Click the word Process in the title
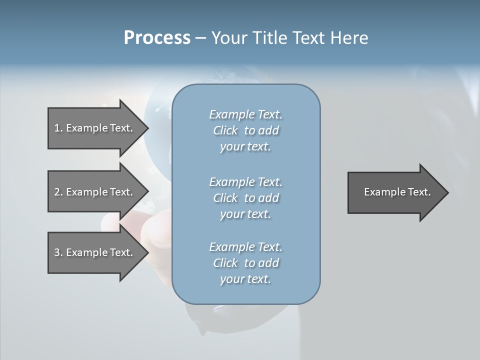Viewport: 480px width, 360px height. pyautogui.click(x=157, y=38)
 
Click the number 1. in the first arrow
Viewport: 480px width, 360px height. pyautogui.click(x=58, y=128)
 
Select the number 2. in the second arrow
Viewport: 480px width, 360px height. pyautogui.click(x=58, y=192)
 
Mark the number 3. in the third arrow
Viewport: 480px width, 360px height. pyautogui.click(x=58, y=252)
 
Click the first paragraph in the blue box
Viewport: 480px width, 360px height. pyautogui.click(x=245, y=130)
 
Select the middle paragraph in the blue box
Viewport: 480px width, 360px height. pyautogui.click(x=245, y=198)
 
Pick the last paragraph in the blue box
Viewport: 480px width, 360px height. pyautogui.click(x=245, y=263)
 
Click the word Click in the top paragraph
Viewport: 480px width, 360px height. pyautogui.click(x=225, y=130)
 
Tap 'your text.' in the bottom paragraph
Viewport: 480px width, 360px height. pyautogui.click(x=245, y=279)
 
